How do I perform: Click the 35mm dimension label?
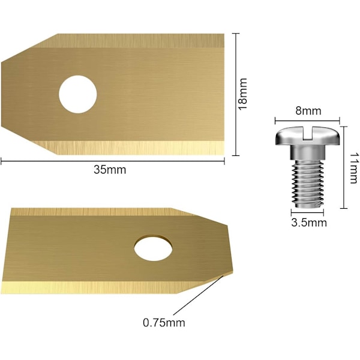pos(110,170)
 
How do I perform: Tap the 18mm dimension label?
pos(242,94)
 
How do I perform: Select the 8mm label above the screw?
pos(308,111)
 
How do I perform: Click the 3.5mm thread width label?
pos(309,223)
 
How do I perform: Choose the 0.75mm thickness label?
pos(164,323)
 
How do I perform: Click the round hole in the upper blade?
pos(78,94)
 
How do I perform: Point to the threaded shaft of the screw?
pos(308,184)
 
